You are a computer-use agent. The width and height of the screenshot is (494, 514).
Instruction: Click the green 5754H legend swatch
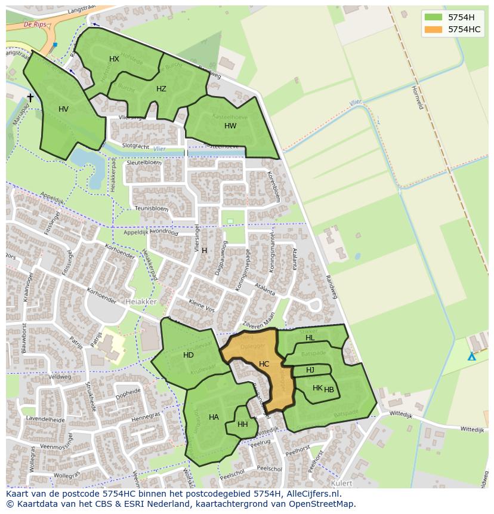[x=433, y=17]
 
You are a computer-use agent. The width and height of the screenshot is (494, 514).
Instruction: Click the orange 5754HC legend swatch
[x=433, y=29]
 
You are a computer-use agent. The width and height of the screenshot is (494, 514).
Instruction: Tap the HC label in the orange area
[x=264, y=364]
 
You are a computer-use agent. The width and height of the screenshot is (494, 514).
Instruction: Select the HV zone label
[x=64, y=109]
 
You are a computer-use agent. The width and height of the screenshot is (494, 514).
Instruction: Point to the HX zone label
[x=114, y=59]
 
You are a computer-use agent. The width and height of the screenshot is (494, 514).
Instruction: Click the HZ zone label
[x=161, y=89]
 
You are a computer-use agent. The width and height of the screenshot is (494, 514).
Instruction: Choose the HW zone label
[x=230, y=126]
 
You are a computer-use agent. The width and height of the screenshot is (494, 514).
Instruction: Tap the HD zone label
[x=189, y=355]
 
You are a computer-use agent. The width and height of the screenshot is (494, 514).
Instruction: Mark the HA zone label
[x=214, y=417]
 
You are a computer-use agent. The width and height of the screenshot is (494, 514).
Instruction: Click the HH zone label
[x=242, y=425]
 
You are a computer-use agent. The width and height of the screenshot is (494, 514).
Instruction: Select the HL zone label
[x=310, y=338]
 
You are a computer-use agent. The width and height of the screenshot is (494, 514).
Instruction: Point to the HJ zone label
[x=310, y=370]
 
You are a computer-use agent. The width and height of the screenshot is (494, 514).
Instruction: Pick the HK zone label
[x=317, y=388]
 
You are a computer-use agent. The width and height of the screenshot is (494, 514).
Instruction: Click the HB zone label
[x=329, y=390]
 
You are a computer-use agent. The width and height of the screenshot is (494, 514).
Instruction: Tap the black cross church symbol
[x=30, y=97]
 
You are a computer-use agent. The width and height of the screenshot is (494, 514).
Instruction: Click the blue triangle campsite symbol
[x=471, y=356]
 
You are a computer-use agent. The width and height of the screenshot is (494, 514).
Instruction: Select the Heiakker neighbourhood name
[x=141, y=302]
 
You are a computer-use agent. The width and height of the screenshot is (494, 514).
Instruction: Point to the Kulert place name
[x=341, y=482]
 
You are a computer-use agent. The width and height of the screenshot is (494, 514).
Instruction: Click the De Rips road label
[x=35, y=24]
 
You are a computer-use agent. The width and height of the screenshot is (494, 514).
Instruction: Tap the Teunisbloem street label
[x=152, y=208]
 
